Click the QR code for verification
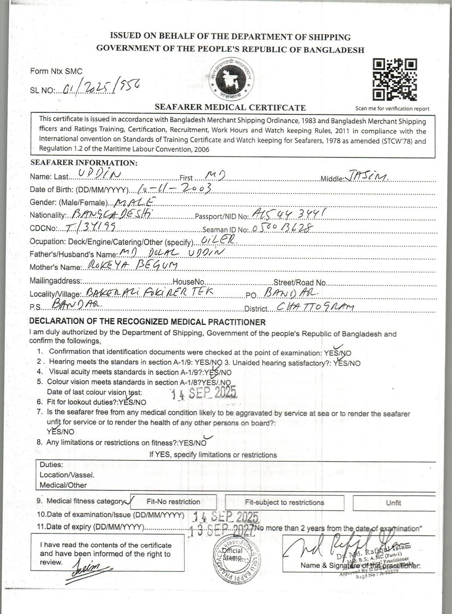tap(394, 80)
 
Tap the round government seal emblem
tap(231, 79)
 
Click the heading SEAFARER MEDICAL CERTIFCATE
tap(230, 107)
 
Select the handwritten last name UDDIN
tap(99, 175)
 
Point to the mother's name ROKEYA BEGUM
tap(132, 265)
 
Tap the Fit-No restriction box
tap(173, 502)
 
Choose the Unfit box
tap(393, 503)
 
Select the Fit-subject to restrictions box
tap(284, 503)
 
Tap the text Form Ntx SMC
tap(56, 71)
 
